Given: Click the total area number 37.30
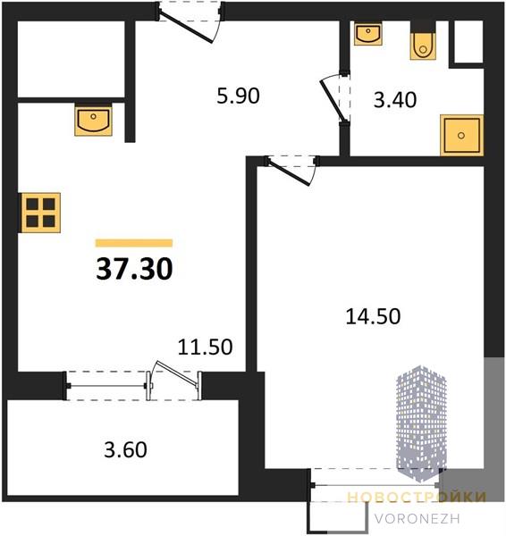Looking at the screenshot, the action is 134,269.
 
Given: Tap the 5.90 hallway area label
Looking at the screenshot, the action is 238,96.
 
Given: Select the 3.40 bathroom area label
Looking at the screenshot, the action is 395,100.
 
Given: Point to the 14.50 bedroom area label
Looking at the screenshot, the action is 373,316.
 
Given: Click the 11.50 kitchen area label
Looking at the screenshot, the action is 206,347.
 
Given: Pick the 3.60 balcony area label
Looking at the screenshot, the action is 125,449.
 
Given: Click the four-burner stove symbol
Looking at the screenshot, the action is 41,213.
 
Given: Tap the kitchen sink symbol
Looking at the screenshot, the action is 93,121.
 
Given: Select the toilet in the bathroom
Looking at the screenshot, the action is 423,46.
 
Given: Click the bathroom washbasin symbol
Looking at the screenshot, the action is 368,34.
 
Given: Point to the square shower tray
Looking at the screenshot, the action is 462,136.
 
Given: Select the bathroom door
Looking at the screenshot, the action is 333,99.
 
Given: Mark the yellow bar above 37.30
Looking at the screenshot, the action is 134,243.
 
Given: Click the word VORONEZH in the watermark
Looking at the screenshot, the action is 417,519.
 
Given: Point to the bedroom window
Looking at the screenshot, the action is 375,485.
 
